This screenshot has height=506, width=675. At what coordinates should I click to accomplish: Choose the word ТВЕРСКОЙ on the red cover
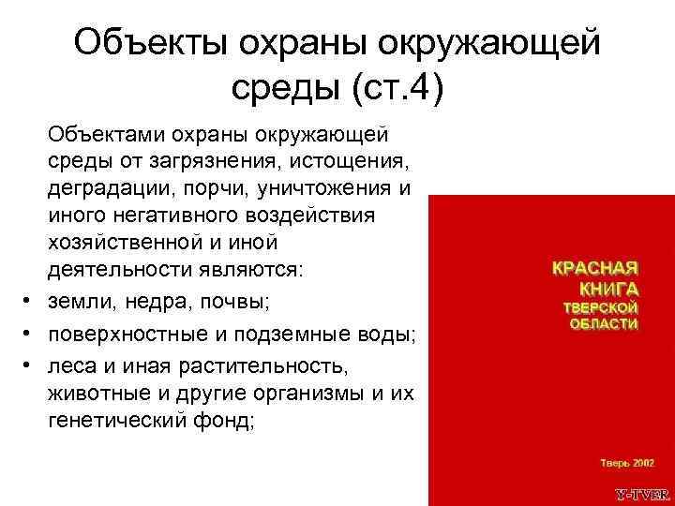(600, 307)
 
